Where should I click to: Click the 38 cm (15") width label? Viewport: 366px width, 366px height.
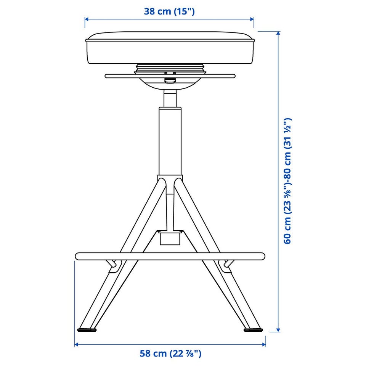tap(169, 11)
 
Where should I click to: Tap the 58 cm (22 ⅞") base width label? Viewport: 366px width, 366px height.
tap(170, 353)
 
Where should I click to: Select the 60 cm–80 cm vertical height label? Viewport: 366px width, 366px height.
tap(287, 181)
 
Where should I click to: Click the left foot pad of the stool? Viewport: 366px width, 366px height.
tap(87, 330)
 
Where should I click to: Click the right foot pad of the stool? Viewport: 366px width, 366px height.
tap(253, 330)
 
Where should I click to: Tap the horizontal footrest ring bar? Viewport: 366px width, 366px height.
tap(170, 256)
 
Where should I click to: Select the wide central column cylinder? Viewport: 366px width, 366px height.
tap(170, 141)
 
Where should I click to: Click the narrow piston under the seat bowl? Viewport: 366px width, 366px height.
tap(170, 98)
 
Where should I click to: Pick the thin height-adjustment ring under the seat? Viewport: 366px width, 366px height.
tap(170, 76)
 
